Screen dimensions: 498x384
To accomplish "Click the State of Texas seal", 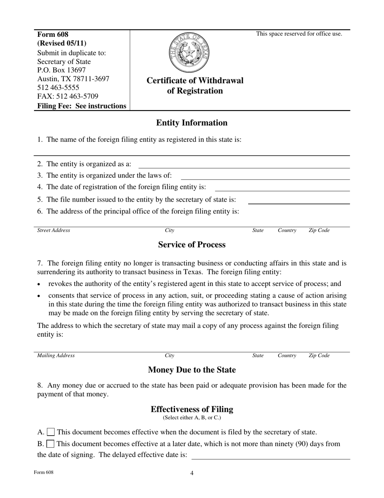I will pyautogui.click(x=189, y=53).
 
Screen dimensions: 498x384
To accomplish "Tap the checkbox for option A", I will pyautogui.click(x=51, y=432).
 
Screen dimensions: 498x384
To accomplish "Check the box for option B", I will pyautogui.click(x=51, y=444).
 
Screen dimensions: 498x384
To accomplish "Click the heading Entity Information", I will pyautogui.click(x=192, y=123).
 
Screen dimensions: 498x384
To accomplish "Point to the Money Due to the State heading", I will pyautogui.click(x=192, y=370).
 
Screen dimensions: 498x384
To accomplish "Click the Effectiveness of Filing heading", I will pyautogui.click(x=192, y=409).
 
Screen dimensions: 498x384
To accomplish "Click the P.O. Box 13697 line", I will pyautogui.click(x=61, y=70).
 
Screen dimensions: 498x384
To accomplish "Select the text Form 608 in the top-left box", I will pyautogui.click(x=53, y=34).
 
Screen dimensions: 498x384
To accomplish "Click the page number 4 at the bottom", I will pyautogui.click(x=192, y=473).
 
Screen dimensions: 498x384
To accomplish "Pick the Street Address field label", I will pyautogui.click(x=53, y=230).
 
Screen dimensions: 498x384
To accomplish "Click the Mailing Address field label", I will pyautogui.click(x=56, y=355).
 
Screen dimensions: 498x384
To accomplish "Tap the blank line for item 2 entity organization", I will pyautogui.click(x=244, y=165).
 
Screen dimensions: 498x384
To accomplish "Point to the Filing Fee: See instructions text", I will pyautogui.click(x=82, y=106).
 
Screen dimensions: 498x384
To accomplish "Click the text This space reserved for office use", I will pyautogui.click(x=299, y=34).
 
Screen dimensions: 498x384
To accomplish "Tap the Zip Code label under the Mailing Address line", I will pyautogui.click(x=319, y=355).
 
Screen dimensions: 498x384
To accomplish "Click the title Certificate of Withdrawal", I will pyautogui.click(x=195, y=81).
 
